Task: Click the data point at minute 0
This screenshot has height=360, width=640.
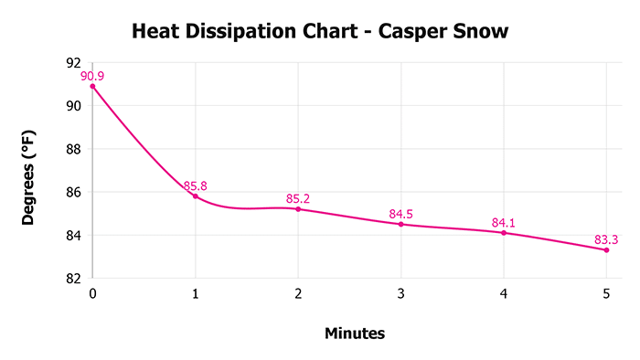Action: [x=92, y=86]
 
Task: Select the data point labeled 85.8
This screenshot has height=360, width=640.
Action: [x=196, y=196]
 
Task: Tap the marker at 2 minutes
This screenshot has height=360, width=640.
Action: [x=298, y=209]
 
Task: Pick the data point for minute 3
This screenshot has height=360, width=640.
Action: [x=401, y=224]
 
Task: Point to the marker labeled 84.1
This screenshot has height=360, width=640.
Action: [x=504, y=233]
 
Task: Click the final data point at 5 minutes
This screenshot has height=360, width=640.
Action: [x=606, y=249]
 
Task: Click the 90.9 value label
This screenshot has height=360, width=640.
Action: [x=92, y=76]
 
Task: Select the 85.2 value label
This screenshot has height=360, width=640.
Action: [x=298, y=198]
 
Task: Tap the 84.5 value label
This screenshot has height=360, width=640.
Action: [x=401, y=214]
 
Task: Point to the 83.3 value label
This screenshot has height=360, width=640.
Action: [x=606, y=240]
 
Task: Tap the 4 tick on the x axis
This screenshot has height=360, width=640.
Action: [x=504, y=294]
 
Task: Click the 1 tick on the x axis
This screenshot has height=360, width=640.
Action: [x=196, y=294]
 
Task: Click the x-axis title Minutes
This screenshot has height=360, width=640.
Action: [x=355, y=334]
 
